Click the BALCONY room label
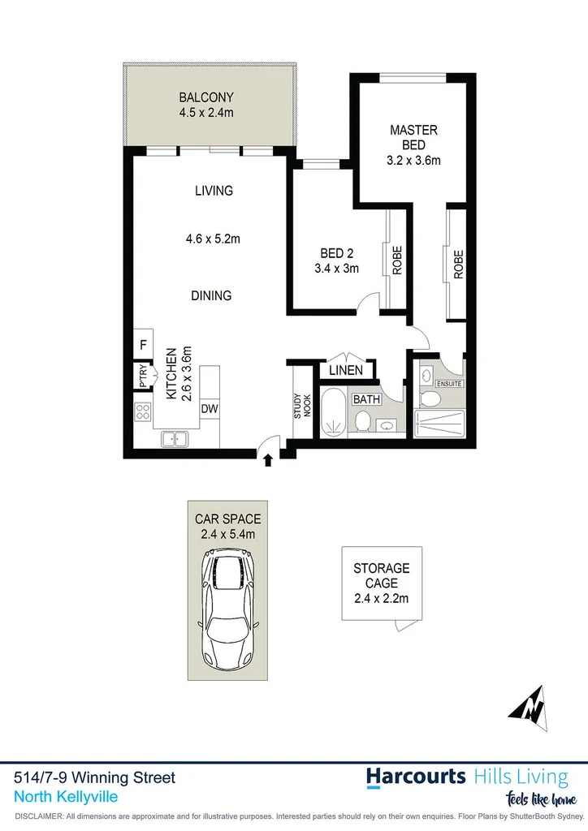click(x=206, y=98)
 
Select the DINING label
click(x=211, y=295)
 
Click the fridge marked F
click(x=143, y=344)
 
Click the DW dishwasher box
click(x=209, y=408)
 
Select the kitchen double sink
click(x=175, y=439)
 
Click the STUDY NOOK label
click(x=302, y=406)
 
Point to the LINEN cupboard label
click(x=346, y=371)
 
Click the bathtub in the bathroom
click(x=333, y=412)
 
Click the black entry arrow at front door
click(x=268, y=460)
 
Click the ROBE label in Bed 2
click(x=397, y=261)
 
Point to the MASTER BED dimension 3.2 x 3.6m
click(x=413, y=160)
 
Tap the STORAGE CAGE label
click(x=381, y=576)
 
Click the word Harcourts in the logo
click(x=415, y=776)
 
